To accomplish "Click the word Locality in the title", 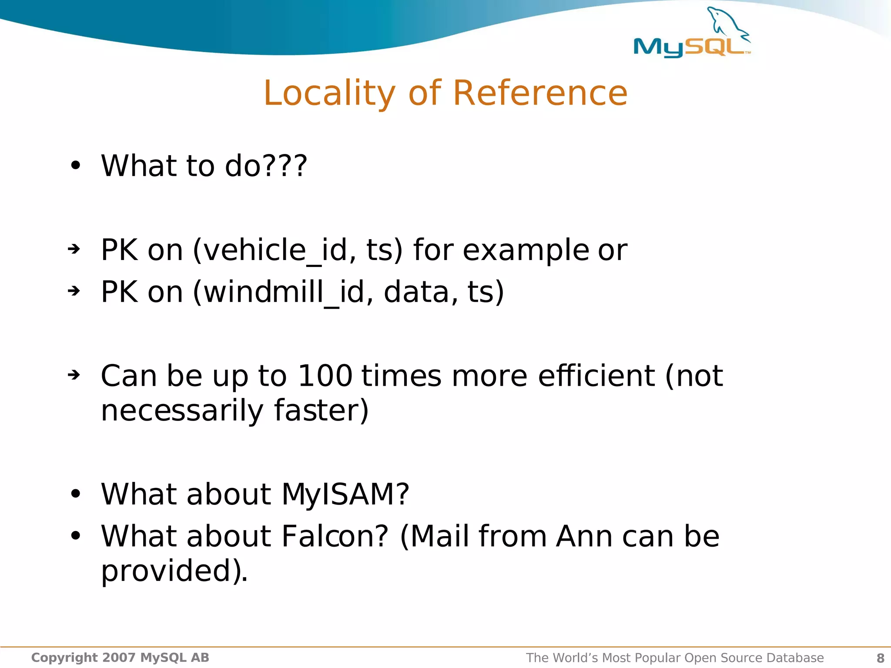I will click(329, 93).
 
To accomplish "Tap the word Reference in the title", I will click(540, 93).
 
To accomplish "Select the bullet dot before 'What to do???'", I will click(76, 166).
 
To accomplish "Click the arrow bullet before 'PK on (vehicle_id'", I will click(74, 249).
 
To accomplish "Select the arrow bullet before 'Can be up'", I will click(74, 374).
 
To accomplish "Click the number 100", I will click(325, 376).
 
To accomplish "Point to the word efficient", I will click(596, 376).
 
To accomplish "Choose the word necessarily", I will click(182, 411).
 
